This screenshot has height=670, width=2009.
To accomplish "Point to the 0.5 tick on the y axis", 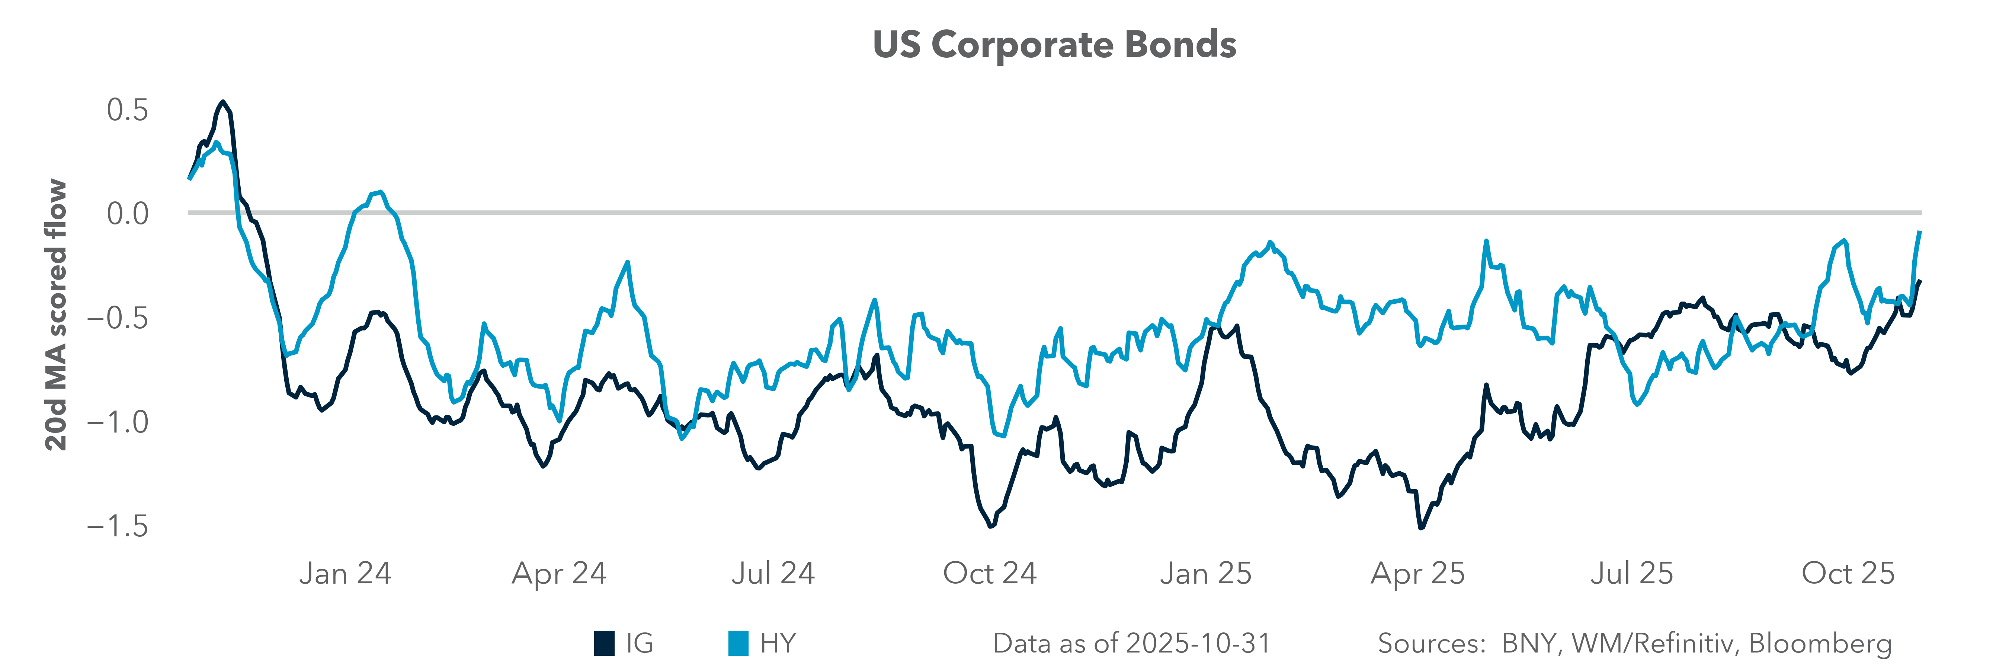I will (x=127, y=110).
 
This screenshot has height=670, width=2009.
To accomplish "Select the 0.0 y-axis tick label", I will (x=127, y=213).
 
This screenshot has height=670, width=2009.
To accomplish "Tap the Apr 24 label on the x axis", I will (x=559, y=573).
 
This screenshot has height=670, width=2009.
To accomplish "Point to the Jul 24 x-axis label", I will (x=773, y=573).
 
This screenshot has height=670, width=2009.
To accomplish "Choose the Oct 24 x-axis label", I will (x=990, y=573).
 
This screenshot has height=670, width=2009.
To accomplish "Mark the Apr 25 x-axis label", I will (x=1418, y=573).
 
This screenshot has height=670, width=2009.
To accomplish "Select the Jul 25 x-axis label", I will (x=1631, y=573).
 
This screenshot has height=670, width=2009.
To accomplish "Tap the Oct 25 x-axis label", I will (x=1848, y=573).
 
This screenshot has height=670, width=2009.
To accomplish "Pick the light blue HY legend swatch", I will (x=738, y=644).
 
